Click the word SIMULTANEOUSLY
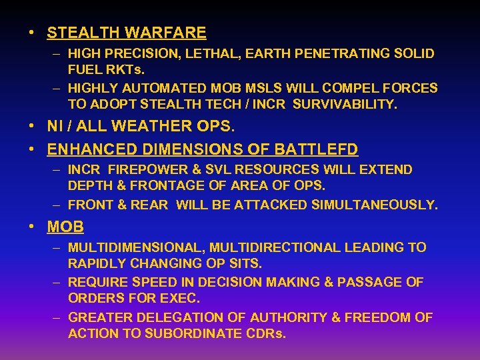tap(375, 205)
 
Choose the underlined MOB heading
tap(65, 227)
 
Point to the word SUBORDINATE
tap(198, 333)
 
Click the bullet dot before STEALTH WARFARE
tap(32, 33)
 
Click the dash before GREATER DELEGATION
tap(58, 318)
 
